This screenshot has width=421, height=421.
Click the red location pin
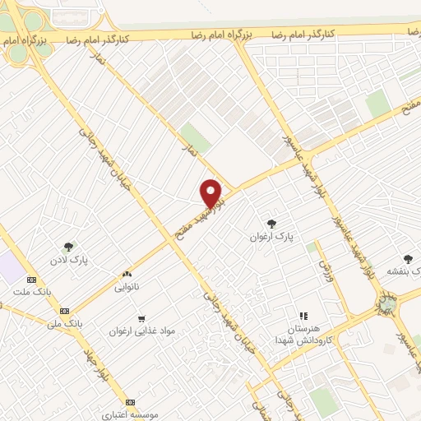[212, 193]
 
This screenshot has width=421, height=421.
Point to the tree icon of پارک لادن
[68, 246]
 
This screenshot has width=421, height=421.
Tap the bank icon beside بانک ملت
[31, 280]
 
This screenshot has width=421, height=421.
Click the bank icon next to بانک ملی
[64, 311]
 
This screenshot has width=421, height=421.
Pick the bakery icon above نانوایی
[127, 274]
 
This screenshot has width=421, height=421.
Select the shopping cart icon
[141, 318]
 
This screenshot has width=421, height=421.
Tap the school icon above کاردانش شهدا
[303, 315]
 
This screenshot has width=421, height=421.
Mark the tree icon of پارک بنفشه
[408, 259]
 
